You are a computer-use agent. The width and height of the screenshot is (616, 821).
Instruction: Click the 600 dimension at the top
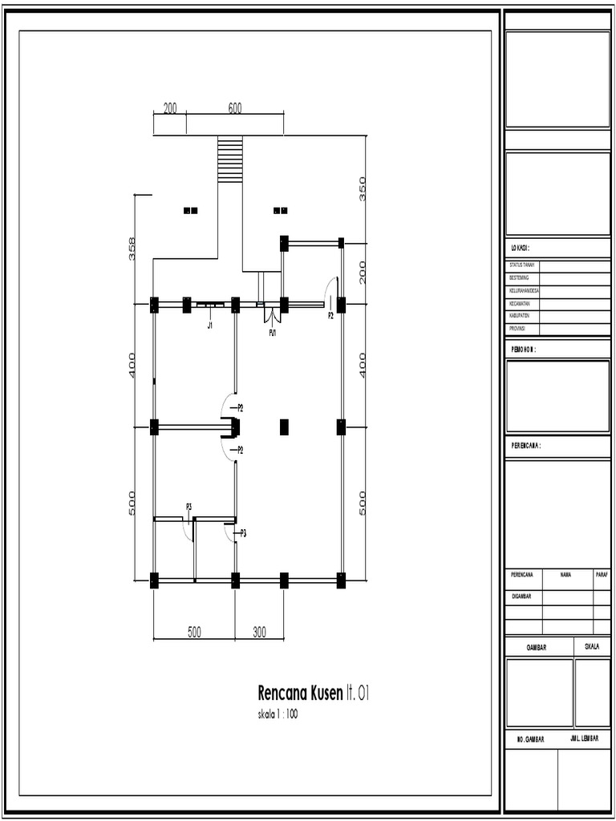coord(235,109)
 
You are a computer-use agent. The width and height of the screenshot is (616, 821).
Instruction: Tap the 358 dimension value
coord(132,249)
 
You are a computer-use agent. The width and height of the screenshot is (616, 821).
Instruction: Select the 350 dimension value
coord(363,188)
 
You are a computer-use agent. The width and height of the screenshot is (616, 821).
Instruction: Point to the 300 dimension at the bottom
coord(259,633)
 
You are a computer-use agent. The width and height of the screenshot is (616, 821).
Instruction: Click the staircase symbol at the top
coord(230,159)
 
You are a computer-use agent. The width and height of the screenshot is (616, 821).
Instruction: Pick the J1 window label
coord(209,326)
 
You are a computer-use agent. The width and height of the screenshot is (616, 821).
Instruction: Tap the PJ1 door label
coord(273,332)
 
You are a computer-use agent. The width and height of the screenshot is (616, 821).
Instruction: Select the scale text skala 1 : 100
coord(278,714)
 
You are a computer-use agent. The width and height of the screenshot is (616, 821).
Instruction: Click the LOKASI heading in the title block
coord(521,249)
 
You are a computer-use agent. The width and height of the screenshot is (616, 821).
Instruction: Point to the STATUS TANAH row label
coord(522,264)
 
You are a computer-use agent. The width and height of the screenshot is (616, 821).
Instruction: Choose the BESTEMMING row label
coord(519,277)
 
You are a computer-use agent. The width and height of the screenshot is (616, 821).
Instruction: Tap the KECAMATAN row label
coord(520,304)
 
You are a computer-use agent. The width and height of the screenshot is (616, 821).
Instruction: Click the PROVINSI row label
coord(518,329)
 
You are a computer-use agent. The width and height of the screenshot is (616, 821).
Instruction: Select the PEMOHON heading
coord(523,350)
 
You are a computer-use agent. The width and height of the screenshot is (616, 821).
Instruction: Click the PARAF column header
coord(602,574)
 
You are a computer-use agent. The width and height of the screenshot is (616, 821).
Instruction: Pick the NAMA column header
coord(566,574)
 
